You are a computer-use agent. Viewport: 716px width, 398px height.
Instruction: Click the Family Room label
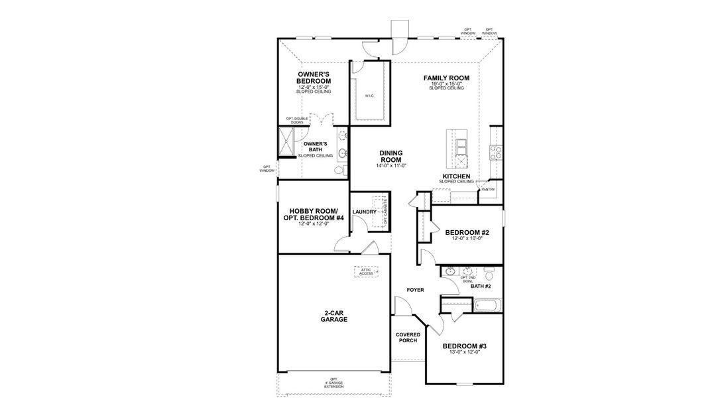446,78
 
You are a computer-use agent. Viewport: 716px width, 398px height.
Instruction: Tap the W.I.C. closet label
369,96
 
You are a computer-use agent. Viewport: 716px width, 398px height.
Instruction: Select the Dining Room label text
391,157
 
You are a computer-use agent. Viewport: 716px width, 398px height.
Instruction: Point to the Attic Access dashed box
367,271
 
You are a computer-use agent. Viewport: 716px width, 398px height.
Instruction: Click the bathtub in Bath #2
489,306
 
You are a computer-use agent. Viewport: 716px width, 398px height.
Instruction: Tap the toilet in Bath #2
489,274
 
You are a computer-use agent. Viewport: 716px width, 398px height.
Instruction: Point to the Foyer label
415,290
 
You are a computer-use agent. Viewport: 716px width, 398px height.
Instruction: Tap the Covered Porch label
408,338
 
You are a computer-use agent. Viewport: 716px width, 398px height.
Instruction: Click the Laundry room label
364,212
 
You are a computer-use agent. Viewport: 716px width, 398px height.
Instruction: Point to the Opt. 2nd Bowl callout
468,279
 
